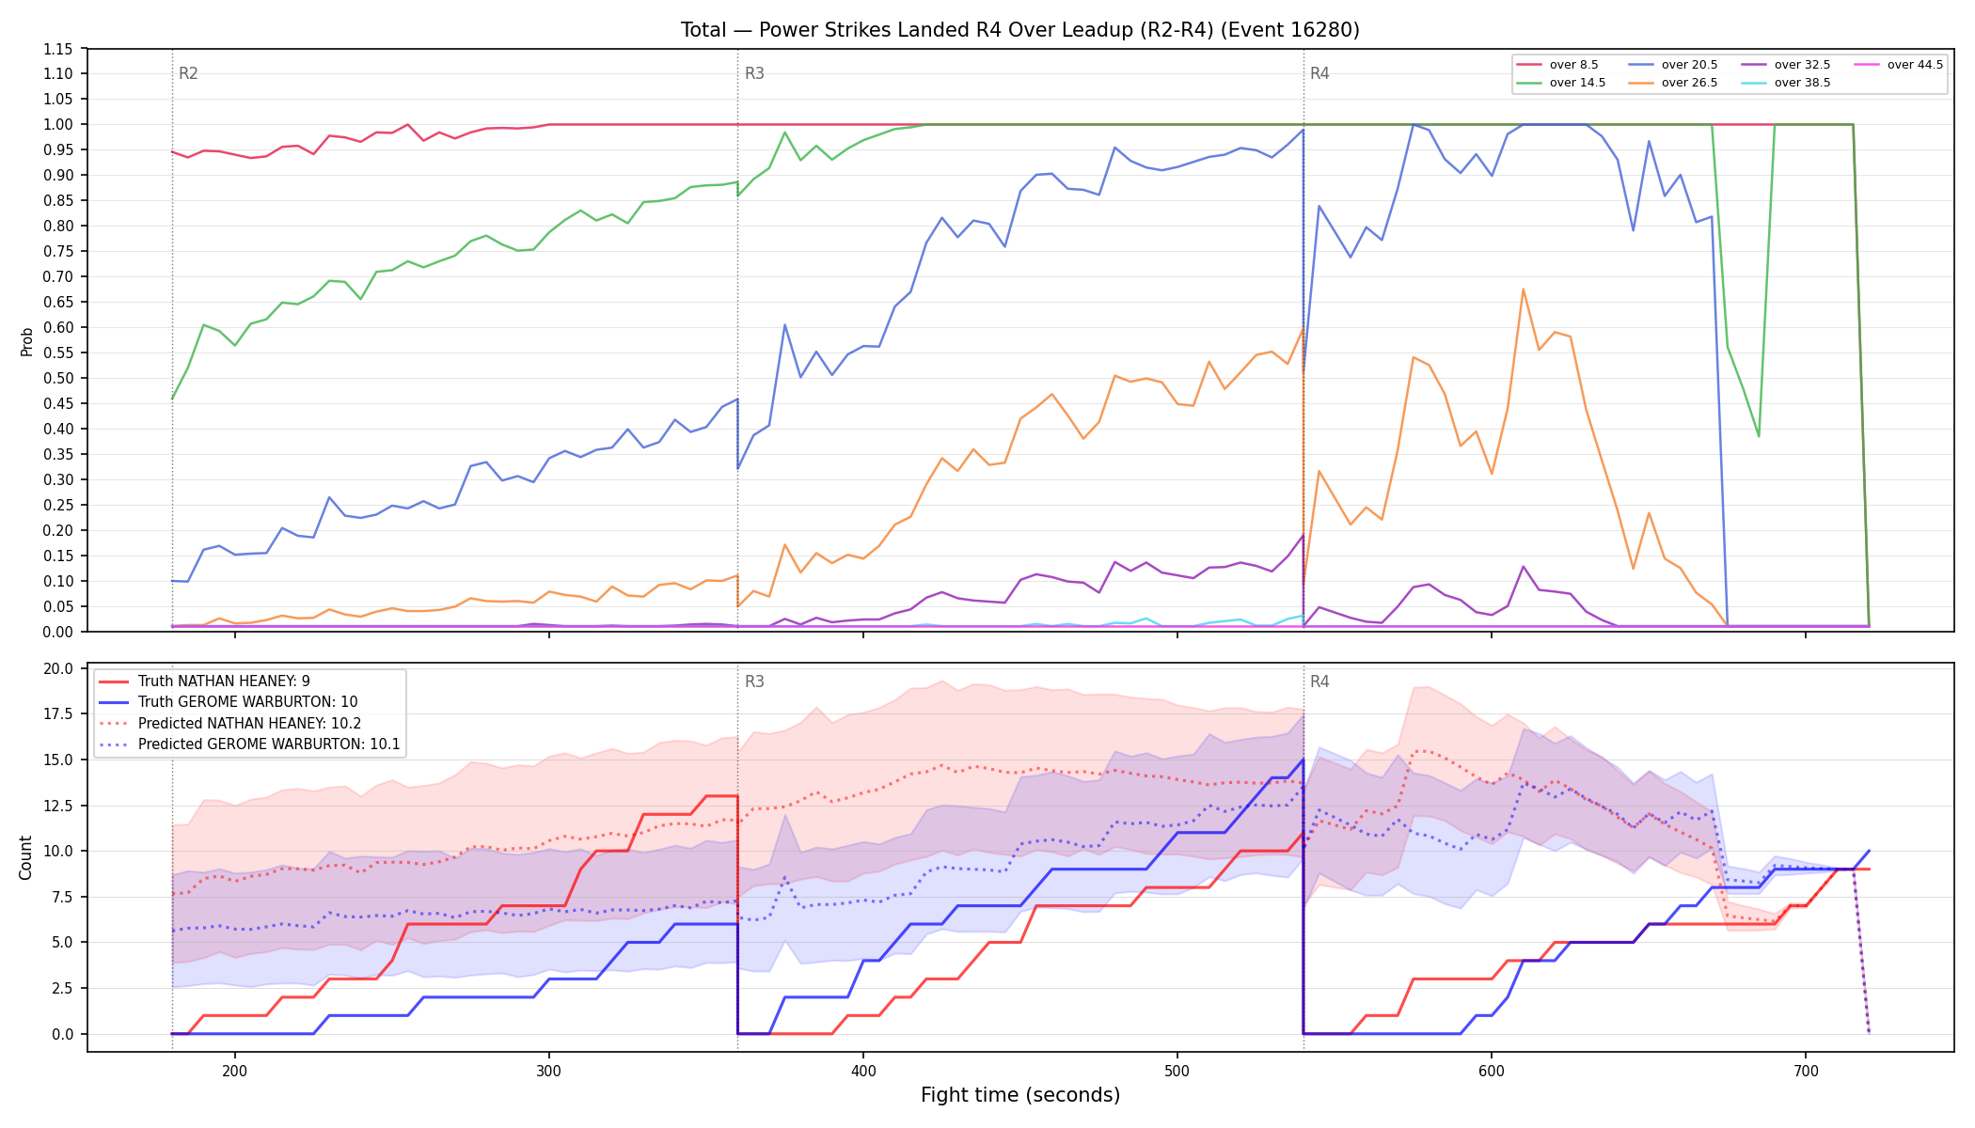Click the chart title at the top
pos(1020,30)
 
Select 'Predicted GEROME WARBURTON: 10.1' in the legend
pos(249,744)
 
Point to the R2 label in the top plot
pos(188,73)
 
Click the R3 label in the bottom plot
pos(754,681)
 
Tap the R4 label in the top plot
pos(1319,73)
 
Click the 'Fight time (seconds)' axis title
pos(1020,1095)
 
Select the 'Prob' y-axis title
pos(26,341)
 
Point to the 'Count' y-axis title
pos(25,857)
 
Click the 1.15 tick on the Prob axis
pos(57,49)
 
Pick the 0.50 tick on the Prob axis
pos(57,378)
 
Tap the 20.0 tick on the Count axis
pos(57,669)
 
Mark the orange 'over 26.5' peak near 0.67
pos(1523,290)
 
